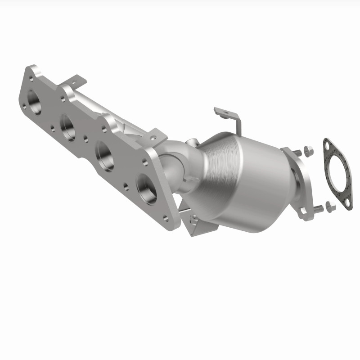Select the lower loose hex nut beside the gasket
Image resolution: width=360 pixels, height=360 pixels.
click(331, 207)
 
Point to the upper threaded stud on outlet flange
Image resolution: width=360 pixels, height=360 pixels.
click(297, 152)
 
